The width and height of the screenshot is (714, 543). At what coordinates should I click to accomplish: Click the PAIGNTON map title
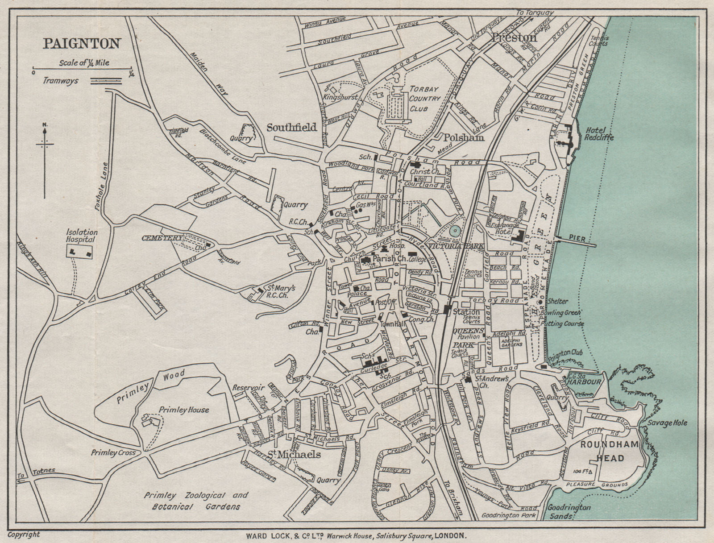point(82,44)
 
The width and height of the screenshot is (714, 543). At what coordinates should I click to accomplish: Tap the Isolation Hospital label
point(82,236)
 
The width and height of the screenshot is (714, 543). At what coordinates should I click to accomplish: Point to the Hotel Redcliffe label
point(599,133)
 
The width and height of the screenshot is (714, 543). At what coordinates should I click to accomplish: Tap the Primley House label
point(184,410)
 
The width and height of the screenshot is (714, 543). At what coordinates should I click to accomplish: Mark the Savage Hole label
point(668,423)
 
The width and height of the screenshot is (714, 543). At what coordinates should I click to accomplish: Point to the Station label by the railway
point(466,312)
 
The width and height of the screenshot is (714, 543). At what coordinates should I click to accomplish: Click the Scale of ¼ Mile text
point(84,63)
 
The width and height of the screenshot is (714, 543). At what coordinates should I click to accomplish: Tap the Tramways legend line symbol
point(106,81)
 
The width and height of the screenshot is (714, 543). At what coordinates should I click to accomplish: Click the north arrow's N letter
point(45,124)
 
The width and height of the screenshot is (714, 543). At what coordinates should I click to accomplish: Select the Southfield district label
point(291,128)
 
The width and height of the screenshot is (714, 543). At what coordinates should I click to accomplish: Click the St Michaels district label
point(294,455)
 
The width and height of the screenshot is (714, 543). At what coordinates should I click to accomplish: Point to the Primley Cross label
point(113,452)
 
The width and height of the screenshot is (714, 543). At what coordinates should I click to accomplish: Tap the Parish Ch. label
point(387,258)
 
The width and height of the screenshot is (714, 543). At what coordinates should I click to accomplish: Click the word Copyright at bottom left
point(24,534)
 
